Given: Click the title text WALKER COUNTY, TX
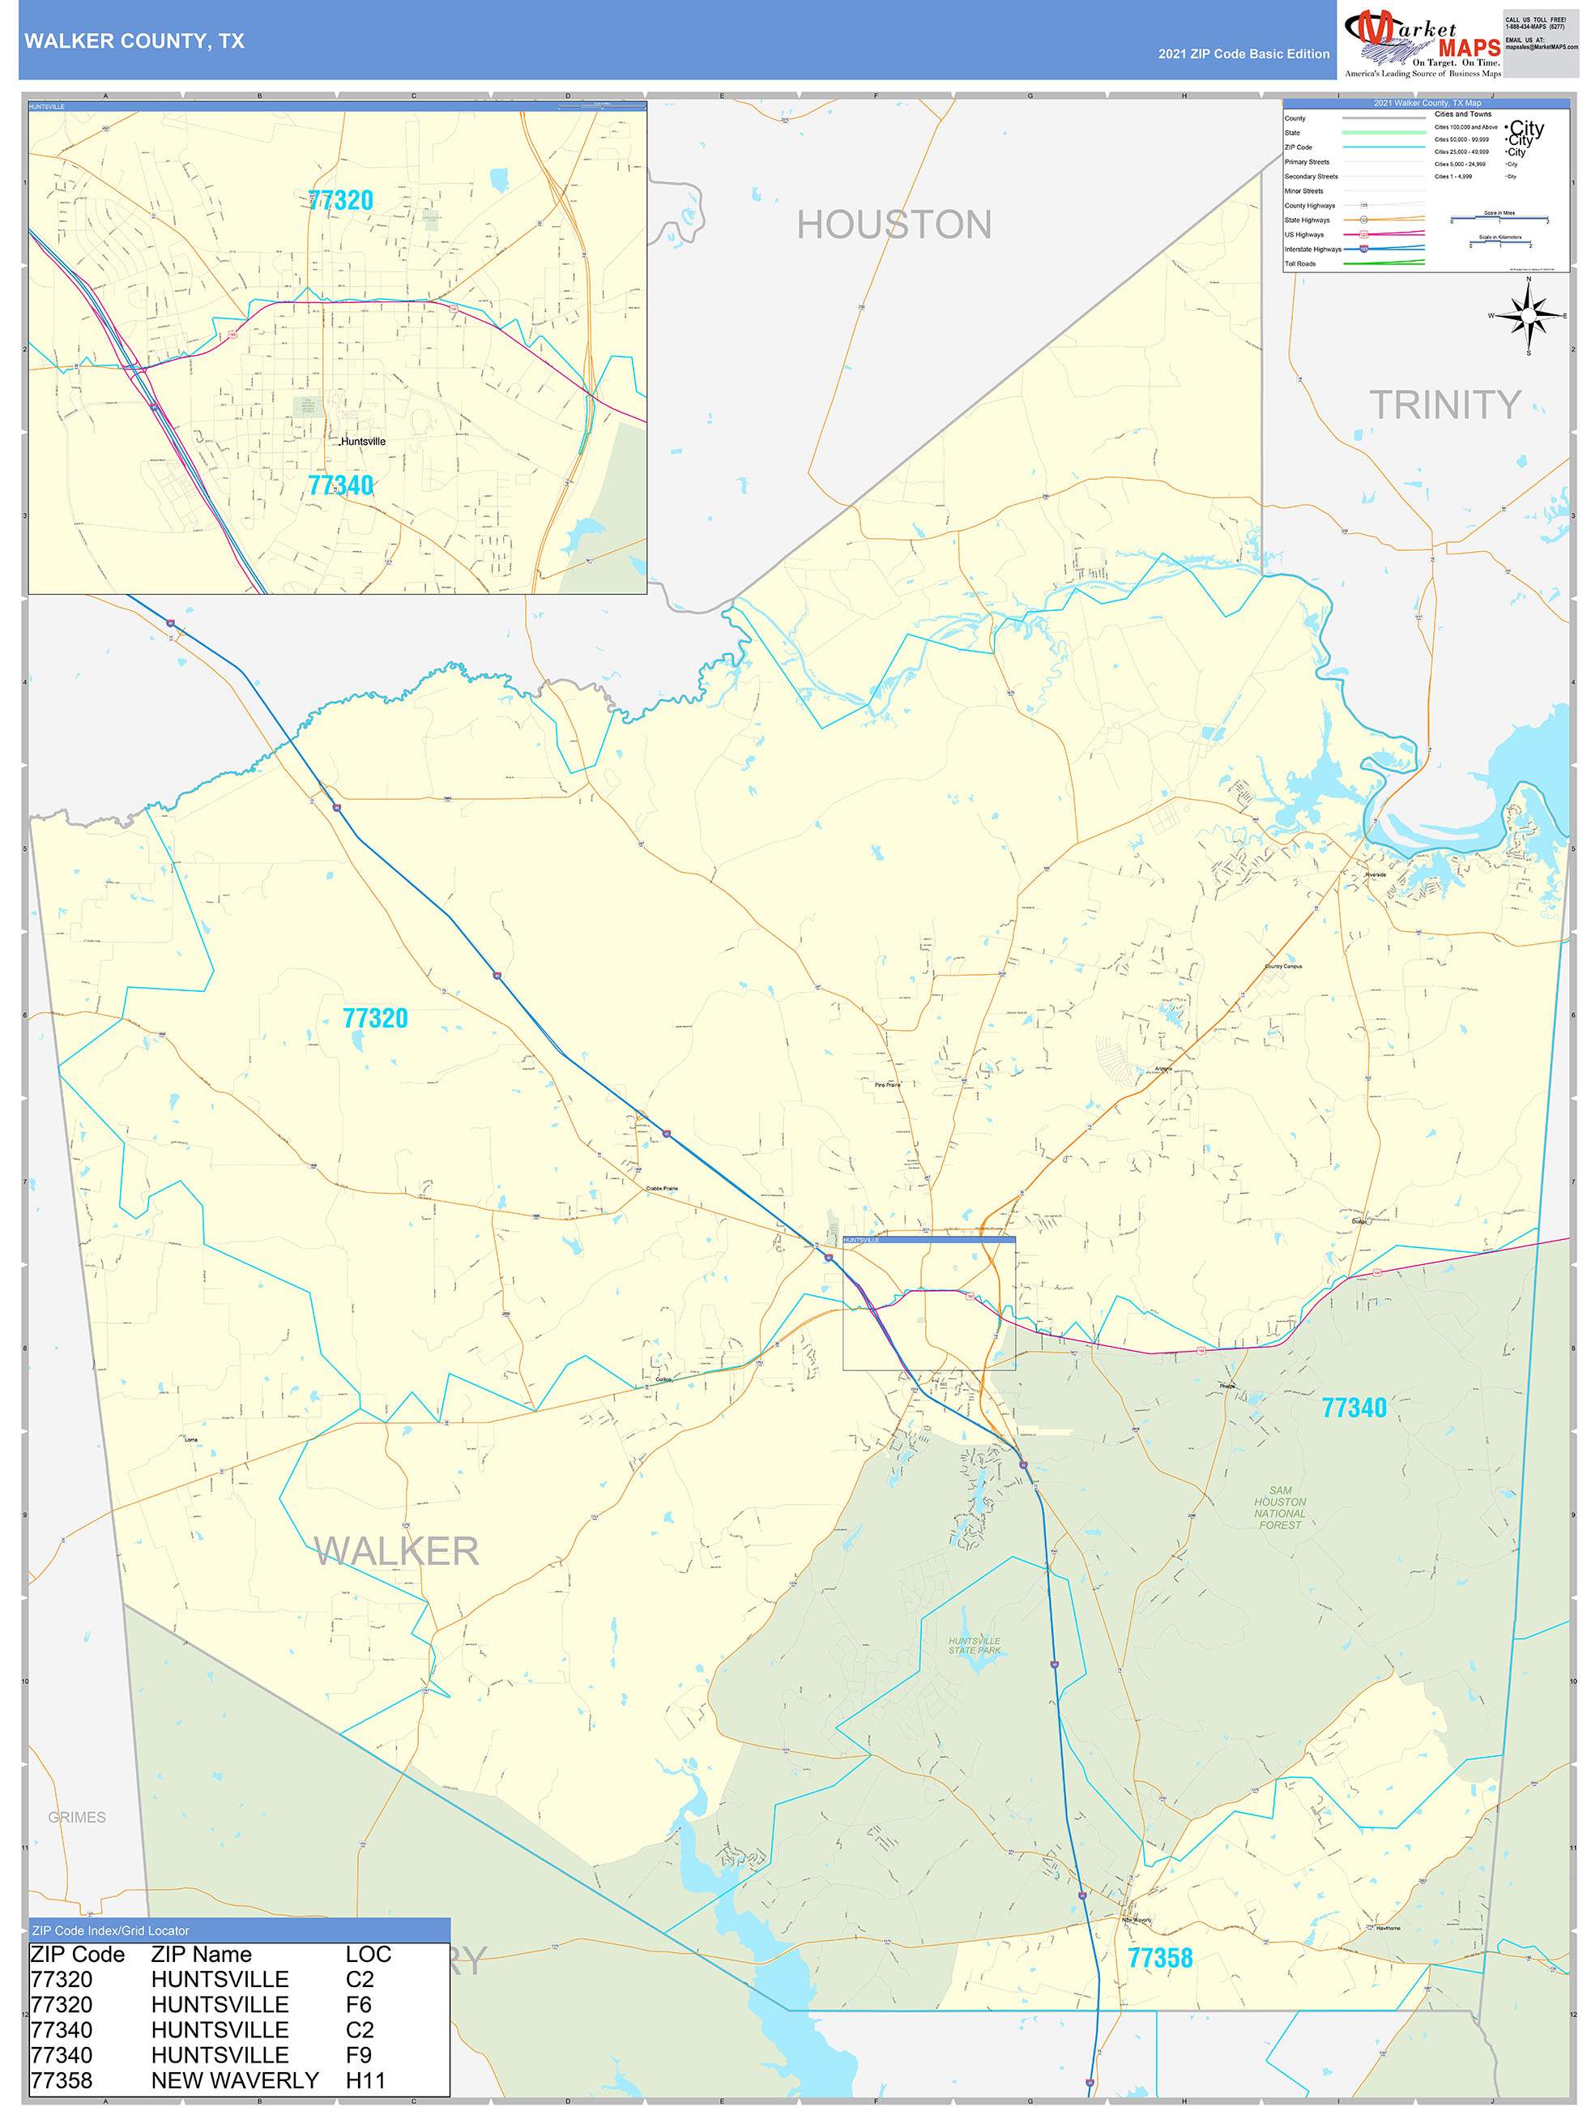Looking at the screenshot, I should (134, 41).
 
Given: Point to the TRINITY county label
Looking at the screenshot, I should (1444, 405).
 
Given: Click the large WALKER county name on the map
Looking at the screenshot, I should (396, 1552).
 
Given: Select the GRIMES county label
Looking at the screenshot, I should (77, 1818).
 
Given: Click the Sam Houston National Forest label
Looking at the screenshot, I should (1280, 1508).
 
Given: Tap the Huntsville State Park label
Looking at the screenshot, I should (974, 1645).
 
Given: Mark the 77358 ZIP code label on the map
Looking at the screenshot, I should (1160, 1959).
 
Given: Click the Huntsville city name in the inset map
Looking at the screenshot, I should (363, 442).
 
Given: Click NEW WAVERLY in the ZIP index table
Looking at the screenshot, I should (235, 2080).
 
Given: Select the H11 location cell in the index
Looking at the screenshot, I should (365, 2080).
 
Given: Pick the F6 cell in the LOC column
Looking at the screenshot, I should (359, 2005).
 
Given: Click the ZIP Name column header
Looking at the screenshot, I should (202, 1955).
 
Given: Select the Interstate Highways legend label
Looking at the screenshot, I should (1312, 250).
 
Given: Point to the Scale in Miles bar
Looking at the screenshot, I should (1499, 219).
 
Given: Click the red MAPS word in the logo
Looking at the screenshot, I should (1469, 48).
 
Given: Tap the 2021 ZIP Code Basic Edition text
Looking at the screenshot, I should (1243, 54).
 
